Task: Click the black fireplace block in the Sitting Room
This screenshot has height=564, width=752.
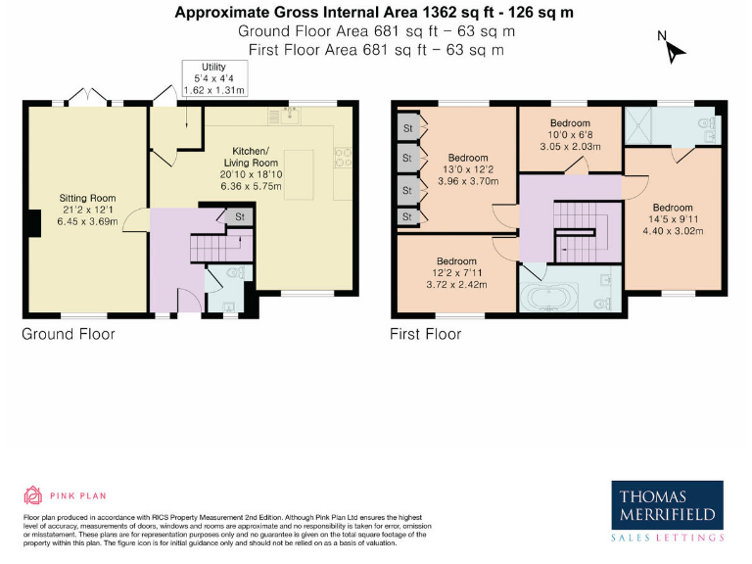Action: click(x=34, y=223)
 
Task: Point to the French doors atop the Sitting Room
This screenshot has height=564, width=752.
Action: click(x=87, y=98)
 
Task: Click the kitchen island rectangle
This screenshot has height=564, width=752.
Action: click(x=299, y=173)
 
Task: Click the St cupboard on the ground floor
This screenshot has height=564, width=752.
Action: click(x=239, y=216)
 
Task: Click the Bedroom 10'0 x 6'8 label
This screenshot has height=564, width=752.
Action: click(x=569, y=135)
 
